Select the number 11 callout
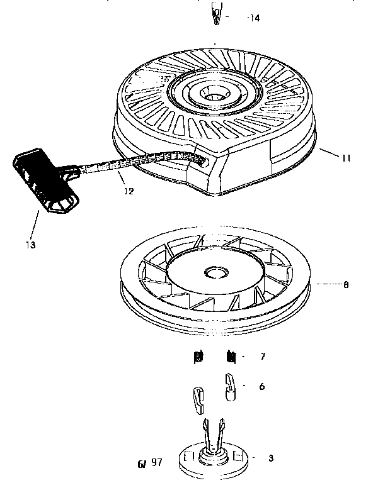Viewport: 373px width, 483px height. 346,158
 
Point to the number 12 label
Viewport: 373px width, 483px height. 129,191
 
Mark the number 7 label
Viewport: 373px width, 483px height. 262,357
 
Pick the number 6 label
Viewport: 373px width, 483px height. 262,387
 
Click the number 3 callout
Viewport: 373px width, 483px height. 271,458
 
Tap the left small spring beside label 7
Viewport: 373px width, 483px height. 197,358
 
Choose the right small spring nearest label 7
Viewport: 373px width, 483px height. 231,357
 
